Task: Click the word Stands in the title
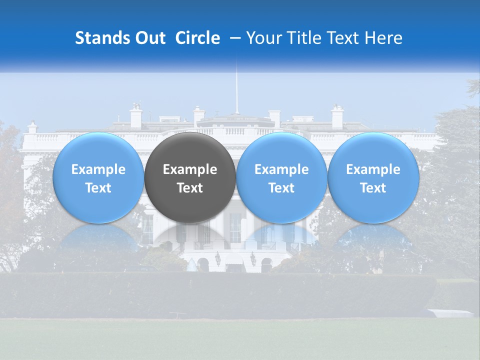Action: [102, 38]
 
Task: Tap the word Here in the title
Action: [383, 38]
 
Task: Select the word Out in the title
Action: [149, 38]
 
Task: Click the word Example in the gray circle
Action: [190, 169]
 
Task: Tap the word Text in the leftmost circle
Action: [98, 188]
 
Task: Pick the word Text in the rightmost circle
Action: [373, 188]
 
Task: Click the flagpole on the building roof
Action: [237, 90]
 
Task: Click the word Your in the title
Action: [263, 38]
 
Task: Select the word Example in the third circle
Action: [281, 169]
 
